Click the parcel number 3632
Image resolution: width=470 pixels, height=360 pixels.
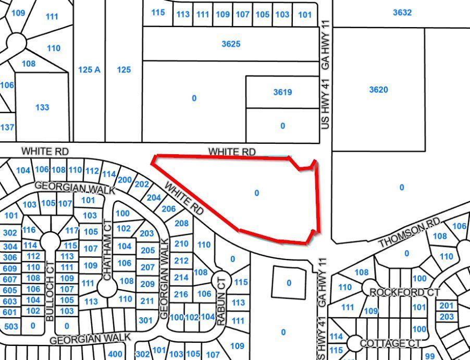[x=402, y=13]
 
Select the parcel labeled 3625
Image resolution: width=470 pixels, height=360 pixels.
[x=231, y=44]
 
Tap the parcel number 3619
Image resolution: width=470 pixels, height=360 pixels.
[x=282, y=92]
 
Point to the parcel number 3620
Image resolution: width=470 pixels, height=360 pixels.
[x=378, y=90]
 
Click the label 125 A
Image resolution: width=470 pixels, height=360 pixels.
[x=89, y=69]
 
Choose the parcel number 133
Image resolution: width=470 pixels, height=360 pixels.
[x=42, y=107]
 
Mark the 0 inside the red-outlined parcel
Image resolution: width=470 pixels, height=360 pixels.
[x=256, y=193]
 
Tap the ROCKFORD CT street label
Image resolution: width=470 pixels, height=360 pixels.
[x=404, y=292]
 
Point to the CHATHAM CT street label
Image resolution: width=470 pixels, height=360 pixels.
[x=108, y=251]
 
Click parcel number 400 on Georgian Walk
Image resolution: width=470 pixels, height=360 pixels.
[x=115, y=354]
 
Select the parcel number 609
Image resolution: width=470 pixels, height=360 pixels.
[x=10, y=268]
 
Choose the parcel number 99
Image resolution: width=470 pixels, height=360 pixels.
[x=430, y=356]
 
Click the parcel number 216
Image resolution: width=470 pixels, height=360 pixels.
[x=181, y=294]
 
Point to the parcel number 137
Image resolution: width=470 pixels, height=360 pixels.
[x=7, y=127]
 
